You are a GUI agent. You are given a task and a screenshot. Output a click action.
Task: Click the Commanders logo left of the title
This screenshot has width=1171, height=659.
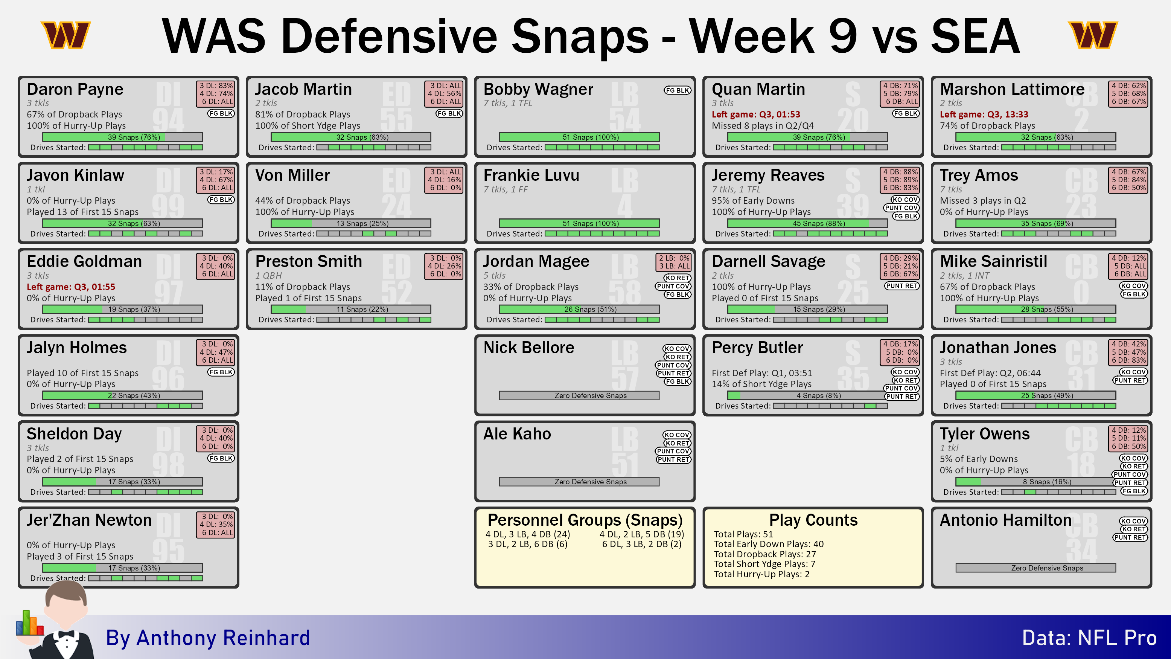(x=66, y=35)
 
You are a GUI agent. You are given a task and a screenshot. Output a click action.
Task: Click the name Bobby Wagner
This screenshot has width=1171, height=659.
(x=538, y=89)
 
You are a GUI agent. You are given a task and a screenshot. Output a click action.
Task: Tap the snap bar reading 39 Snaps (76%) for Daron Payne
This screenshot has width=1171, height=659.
(x=123, y=137)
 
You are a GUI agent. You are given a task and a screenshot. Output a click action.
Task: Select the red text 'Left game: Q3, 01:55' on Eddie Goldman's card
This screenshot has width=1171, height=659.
(x=71, y=287)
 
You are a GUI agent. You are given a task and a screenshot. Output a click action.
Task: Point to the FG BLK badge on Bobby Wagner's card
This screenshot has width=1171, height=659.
(x=677, y=90)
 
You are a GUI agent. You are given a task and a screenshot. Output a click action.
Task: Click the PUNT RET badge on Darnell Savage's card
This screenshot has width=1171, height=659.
(x=902, y=285)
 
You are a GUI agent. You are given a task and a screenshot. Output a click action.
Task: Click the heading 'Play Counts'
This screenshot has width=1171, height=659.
(x=813, y=519)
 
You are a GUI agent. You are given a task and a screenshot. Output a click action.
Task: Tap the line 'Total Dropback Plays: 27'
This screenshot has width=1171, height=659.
(x=764, y=554)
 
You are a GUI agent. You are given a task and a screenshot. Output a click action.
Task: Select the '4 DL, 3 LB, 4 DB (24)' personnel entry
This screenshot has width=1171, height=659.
(x=527, y=534)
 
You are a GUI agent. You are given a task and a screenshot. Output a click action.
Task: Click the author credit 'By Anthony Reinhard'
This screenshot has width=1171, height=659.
(x=208, y=638)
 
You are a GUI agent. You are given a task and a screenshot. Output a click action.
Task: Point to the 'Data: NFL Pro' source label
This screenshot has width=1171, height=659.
(x=1089, y=638)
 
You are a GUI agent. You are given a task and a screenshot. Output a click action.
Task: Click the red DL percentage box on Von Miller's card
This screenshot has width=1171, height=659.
(x=444, y=180)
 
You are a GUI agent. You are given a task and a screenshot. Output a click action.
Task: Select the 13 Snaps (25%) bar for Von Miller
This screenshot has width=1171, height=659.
(x=351, y=223)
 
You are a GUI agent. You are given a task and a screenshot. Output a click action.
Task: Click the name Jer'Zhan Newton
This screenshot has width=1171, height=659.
(x=89, y=520)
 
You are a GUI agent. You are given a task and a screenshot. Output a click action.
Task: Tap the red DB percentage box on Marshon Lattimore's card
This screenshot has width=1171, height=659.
(x=1128, y=93)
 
